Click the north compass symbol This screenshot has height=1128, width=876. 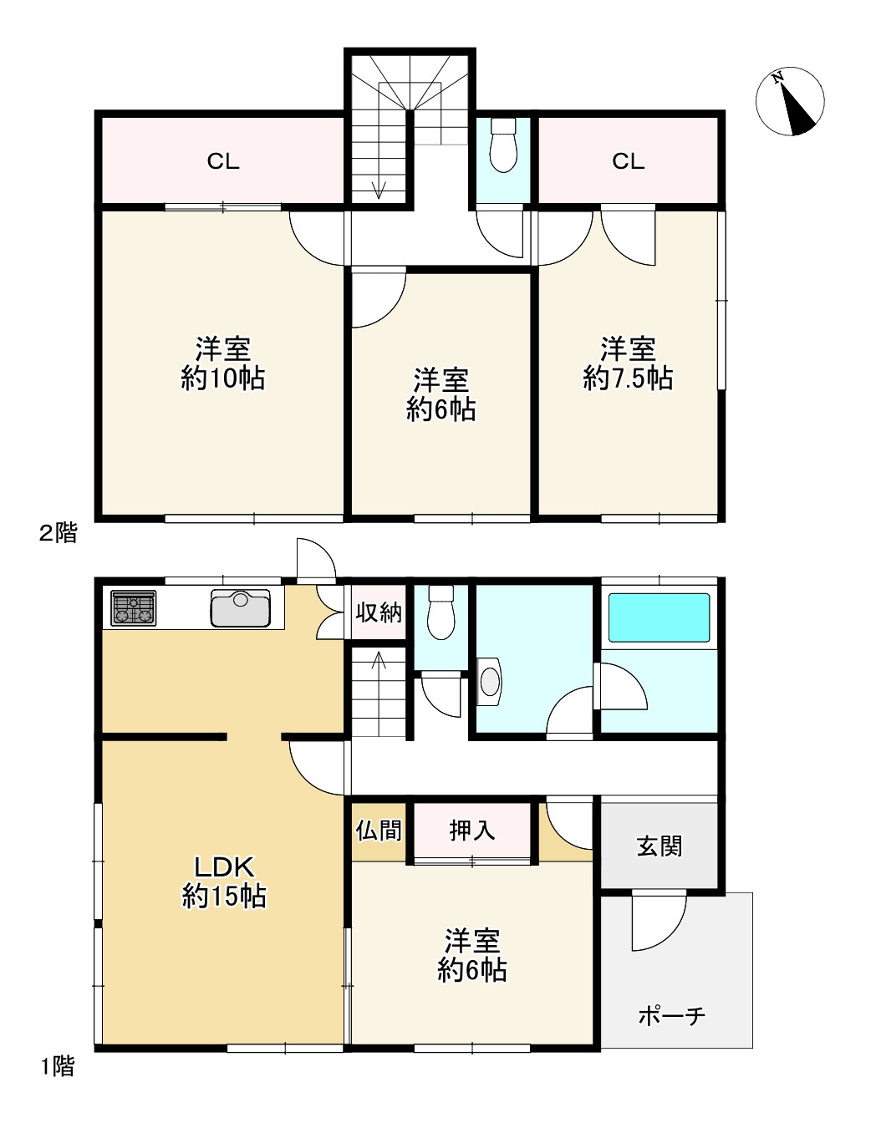click(x=789, y=101)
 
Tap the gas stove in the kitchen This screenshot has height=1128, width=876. click(x=134, y=607)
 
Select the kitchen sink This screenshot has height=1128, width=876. click(x=241, y=607)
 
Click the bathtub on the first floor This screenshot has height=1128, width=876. click(x=659, y=617)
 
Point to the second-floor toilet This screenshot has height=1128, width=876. click(x=503, y=145)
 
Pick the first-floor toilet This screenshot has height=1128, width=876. click(x=441, y=612)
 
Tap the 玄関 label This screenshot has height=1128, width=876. click(x=660, y=846)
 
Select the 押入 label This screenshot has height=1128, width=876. click(x=472, y=831)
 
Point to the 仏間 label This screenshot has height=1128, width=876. click(x=379, y=831)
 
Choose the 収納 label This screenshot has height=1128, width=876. click(x=379, y=612)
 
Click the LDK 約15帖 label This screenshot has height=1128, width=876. click(x=224, y=882)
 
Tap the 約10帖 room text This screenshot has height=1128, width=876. click(x=223, y=379)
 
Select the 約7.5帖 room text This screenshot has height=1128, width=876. click(x=629, y=379)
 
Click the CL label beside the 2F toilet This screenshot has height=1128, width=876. click(x=629, y=161)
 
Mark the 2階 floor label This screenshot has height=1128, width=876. click(x=59, y=532)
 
